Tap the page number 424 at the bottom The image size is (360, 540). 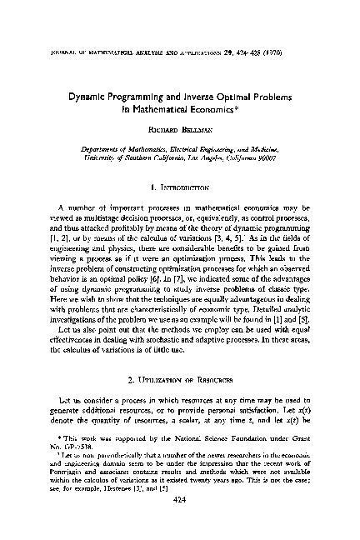pyautogui.click(x=180, y=527)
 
